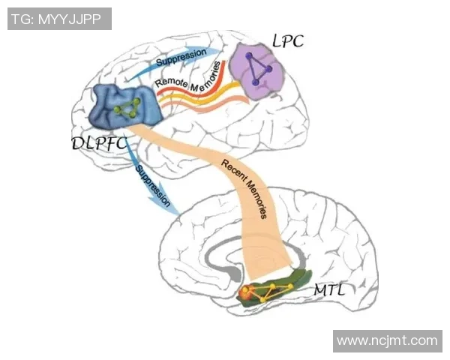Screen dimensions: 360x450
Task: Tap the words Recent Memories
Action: click(x=244, y=187)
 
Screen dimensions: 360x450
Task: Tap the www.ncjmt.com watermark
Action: click(x=386, y=340)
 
